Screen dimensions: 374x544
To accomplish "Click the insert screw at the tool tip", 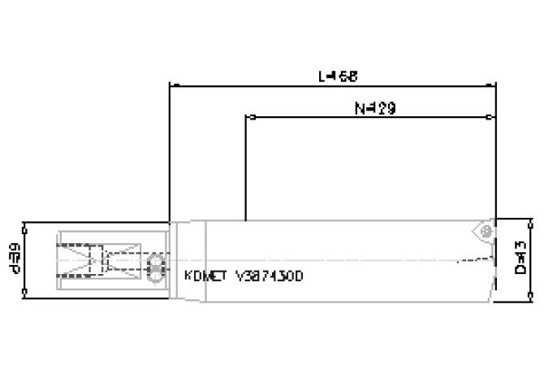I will point(486,233).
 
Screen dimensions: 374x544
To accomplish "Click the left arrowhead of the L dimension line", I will point(170,84).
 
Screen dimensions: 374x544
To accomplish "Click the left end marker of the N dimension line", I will point(246,117).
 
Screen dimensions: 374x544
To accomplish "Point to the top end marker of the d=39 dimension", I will point(27,222).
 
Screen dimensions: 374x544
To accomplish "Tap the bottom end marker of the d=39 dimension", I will point(27,294).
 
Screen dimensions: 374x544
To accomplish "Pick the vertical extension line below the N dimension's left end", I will point(245,171).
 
